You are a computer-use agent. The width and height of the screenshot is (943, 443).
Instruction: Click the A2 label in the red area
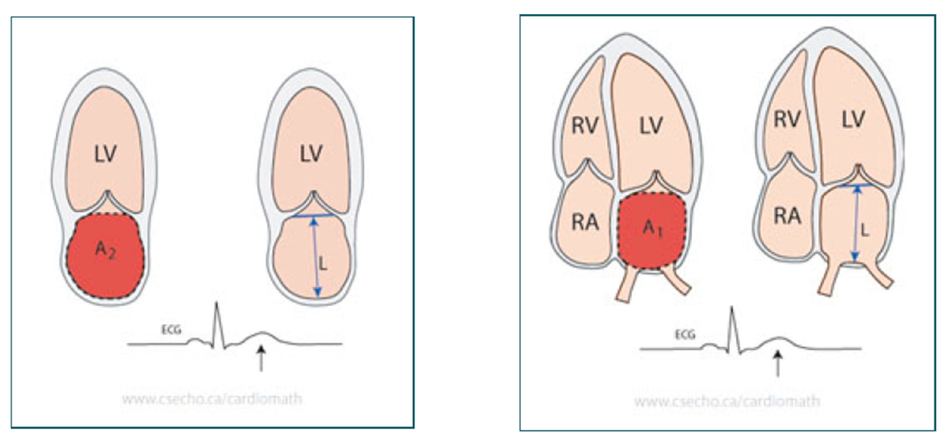(105, 251)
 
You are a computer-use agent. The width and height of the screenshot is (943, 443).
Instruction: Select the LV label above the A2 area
(105, 154)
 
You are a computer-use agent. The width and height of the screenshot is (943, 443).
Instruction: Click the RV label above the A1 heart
(585, 126)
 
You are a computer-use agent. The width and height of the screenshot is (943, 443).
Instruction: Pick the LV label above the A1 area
(651, 126)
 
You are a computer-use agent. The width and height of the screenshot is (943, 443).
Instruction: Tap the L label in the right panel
(865, 230)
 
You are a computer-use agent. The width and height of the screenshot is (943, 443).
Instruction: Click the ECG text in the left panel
(171, 330)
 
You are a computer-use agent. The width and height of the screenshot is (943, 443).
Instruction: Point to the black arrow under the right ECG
(778, 363)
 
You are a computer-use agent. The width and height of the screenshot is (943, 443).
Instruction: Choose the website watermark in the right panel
(727, 401)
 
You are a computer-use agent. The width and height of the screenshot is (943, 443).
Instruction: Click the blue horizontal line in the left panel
(313, 216)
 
